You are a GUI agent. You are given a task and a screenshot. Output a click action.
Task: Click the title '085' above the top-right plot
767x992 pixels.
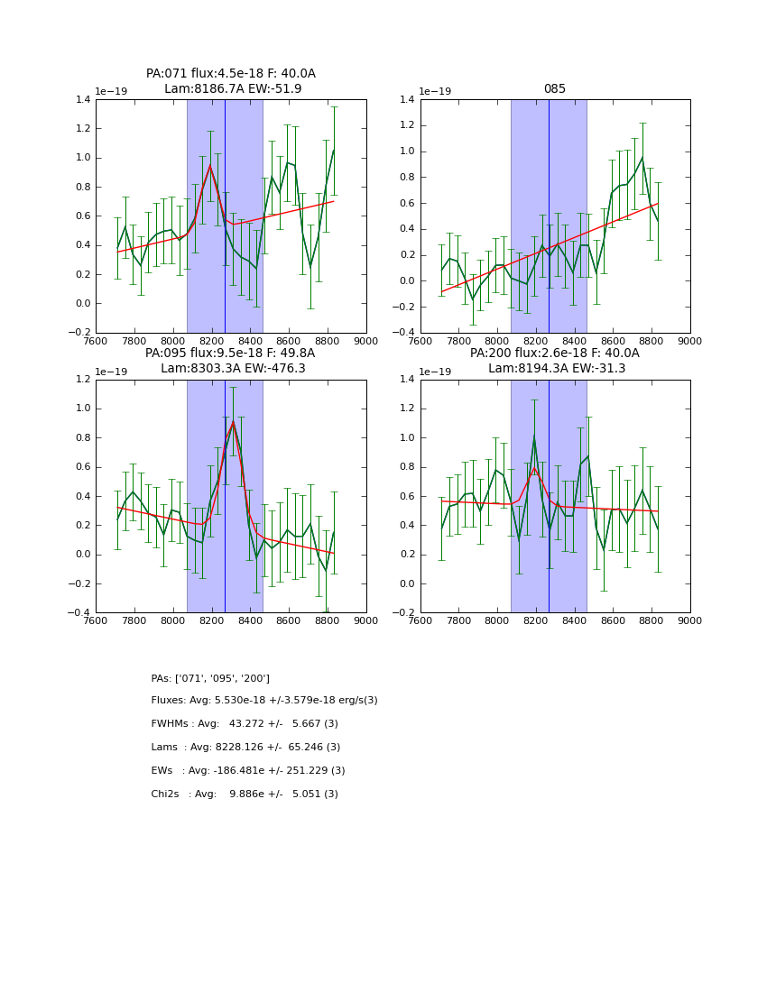click(x=554, y=89)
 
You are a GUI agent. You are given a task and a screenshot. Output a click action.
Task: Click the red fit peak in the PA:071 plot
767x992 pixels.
click(x=210, y=165)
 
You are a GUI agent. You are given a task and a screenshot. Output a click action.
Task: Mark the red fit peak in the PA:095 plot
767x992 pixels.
click(x=233, y=422)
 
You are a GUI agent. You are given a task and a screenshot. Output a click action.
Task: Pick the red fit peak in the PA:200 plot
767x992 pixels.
click(x=534, y=468)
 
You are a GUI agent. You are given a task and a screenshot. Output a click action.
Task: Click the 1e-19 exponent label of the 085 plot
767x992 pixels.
click(x=437, y=92)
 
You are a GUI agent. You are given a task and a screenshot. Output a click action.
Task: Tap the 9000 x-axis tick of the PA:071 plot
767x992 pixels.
click(x=365, y=342)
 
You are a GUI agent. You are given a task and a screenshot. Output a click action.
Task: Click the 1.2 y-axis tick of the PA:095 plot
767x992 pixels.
click(x=83, y=380)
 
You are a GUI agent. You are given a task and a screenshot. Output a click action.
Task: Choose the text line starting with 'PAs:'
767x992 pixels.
click(x=210, y=678)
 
